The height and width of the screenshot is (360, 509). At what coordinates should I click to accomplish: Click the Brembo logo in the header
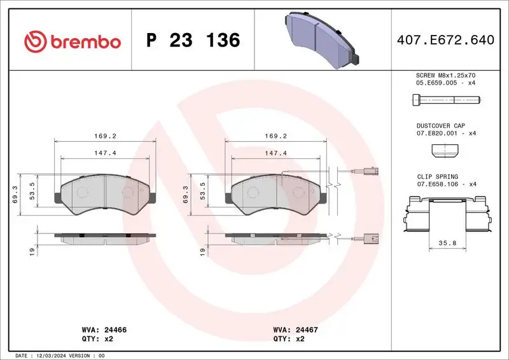pos(72,41)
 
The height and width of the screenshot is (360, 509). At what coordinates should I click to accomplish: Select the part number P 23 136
pos(193,41)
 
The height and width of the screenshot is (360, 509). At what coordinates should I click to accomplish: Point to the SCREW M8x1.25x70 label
pos(446,75)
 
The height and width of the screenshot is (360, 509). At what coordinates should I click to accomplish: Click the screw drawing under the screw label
pos(445,99)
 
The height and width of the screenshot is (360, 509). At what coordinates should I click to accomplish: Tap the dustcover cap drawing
pos(445,151)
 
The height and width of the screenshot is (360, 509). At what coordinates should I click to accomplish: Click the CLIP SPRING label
pos(437,177)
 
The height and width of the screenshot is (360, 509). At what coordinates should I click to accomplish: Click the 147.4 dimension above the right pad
pos(276,153)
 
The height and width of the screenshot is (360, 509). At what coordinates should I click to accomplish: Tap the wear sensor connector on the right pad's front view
pos(370,171)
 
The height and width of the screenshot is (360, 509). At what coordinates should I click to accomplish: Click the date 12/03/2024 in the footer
pos(53,355)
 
